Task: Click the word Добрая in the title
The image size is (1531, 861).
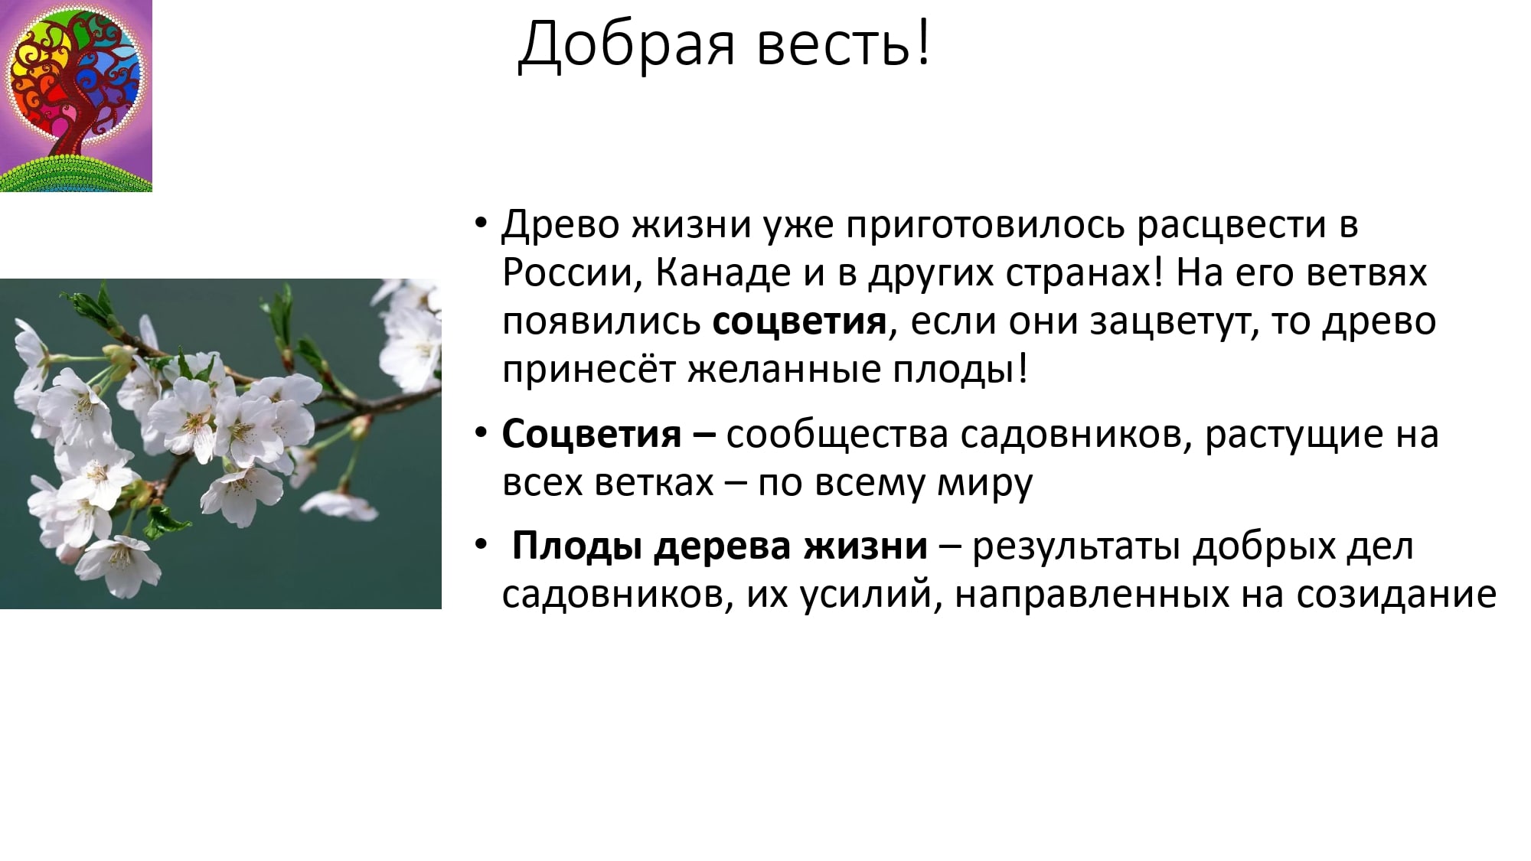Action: pyautogui.click(x=627, y=44)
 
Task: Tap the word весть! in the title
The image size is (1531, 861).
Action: pyautogui.click(x=844, y=44)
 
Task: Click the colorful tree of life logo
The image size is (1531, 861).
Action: pyautogui.click(x=76, y=96)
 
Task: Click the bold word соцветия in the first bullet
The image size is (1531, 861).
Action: pyautogui.click(x=799, y=322)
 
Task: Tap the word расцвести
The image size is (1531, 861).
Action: pyautogui.click(x=1232, y=225)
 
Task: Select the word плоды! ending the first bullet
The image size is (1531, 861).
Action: pyautogui.click(x=960, y=370)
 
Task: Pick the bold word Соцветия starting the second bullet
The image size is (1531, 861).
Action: pyautogui.click(x=592, y=435)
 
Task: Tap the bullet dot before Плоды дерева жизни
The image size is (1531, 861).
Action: pyautogui.click(x=480, y=545)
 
